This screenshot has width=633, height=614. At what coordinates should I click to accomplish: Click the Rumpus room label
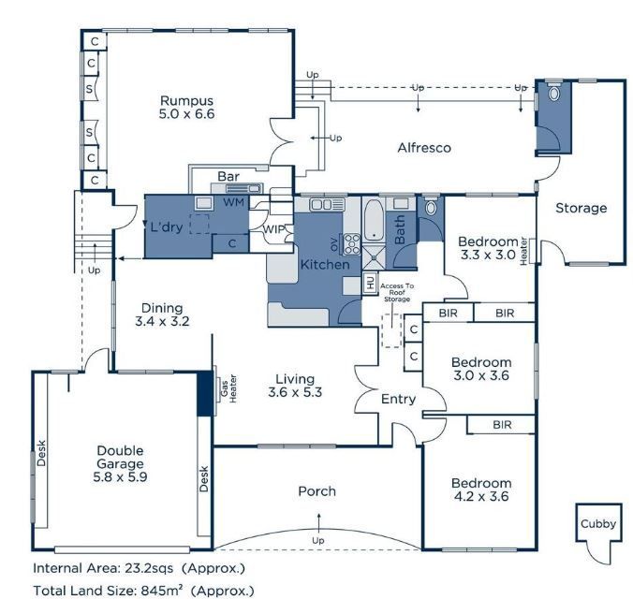pyautogui.click(x=186, y=100)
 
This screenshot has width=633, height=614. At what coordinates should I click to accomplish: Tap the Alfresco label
pyautogui.click(x=424, y=148)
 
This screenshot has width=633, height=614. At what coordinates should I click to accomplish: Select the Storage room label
pyautogui.click(x=581, y=208)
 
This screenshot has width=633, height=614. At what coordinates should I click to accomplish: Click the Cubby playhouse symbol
pyautogui.click(x=597, y=524)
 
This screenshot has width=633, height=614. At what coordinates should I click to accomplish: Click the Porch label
pyautogui.click(x=316, y=491)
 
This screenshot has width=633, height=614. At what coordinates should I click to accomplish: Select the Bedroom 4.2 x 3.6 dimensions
pyautogui.click(x=481, y=497)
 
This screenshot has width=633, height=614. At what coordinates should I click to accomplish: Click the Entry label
pyautogui.click(x=398, y=400)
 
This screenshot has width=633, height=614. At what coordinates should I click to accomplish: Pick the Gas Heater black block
pyautogui.click(x=204, y=394)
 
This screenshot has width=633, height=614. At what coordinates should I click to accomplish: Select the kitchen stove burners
pyautogui.click(x=353, y=245)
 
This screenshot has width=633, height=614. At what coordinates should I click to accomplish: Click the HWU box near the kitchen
pyautogui.click(x=369, y=281)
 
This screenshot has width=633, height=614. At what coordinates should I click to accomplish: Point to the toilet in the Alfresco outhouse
pyautogui.click(x=553, y=94)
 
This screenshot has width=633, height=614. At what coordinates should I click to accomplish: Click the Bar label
pyautogui.click(x=228, y=176)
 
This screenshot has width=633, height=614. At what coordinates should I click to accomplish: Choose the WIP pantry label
pyautogui.click(x=274, y=229)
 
